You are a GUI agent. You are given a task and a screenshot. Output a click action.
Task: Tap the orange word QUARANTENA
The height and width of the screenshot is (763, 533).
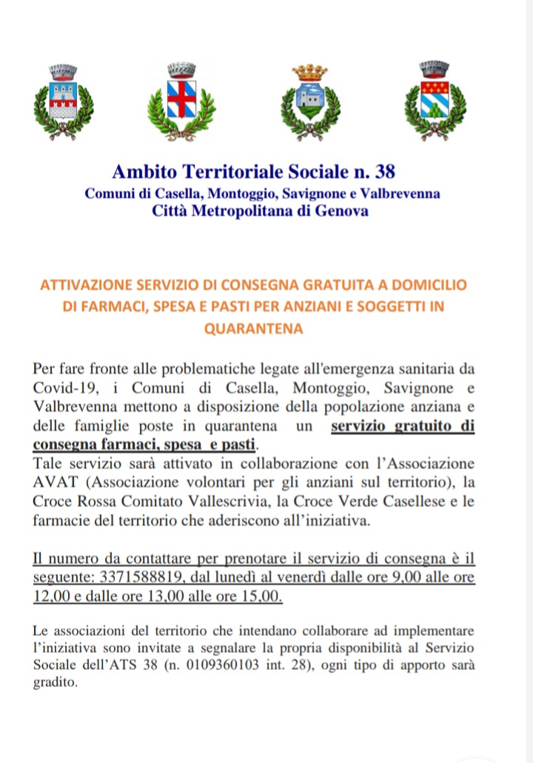pyautogui.click(x=253, y=329)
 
